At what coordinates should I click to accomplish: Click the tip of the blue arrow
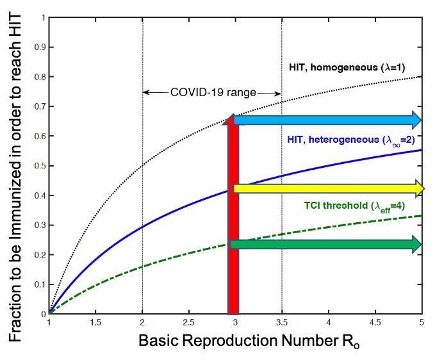(420, 120)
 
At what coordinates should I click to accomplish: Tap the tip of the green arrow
(420, 244)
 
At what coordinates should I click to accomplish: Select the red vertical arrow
(233, 218)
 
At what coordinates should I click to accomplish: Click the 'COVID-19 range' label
(213, 92)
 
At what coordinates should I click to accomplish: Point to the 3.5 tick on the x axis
(282, 322)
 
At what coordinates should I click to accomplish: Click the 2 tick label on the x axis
(142, 322)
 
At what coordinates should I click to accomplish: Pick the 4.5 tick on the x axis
(375, 322)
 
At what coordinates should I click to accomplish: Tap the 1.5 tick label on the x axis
(95, 322)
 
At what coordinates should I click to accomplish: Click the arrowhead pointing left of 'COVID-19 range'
(146, 92)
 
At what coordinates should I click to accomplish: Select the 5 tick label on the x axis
(421, 322)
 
